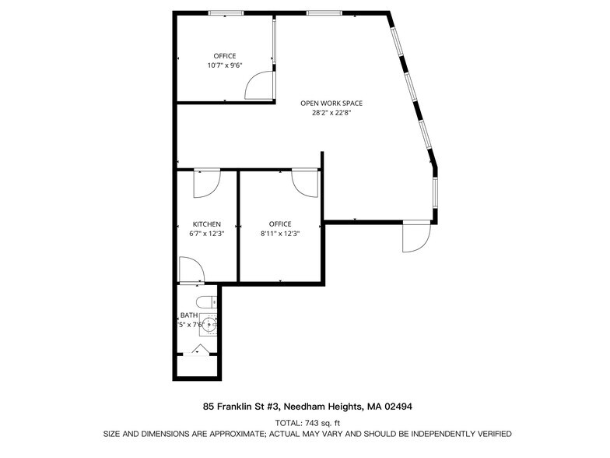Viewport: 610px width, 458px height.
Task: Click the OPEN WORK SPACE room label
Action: (x=331, y=103)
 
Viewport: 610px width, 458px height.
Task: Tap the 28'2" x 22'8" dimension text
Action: (x=331, y=112)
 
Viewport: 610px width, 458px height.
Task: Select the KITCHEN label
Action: (x=207, y=224)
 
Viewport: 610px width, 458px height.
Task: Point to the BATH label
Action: (x=189, y=315)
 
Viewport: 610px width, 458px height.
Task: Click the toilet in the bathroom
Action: (x=205, y=301)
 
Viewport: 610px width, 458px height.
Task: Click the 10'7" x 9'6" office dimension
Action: (x=225, y=65)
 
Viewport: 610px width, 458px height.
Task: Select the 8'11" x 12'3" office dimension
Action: (x=279, y=233)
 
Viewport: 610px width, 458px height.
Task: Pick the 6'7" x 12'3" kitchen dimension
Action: (x=207, y=233)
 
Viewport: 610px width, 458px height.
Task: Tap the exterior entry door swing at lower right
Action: (x=415, y=237)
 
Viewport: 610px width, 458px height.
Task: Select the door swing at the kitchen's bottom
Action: (x=191, y=270)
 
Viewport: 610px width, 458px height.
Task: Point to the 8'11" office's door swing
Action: (x=304, y=183)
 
